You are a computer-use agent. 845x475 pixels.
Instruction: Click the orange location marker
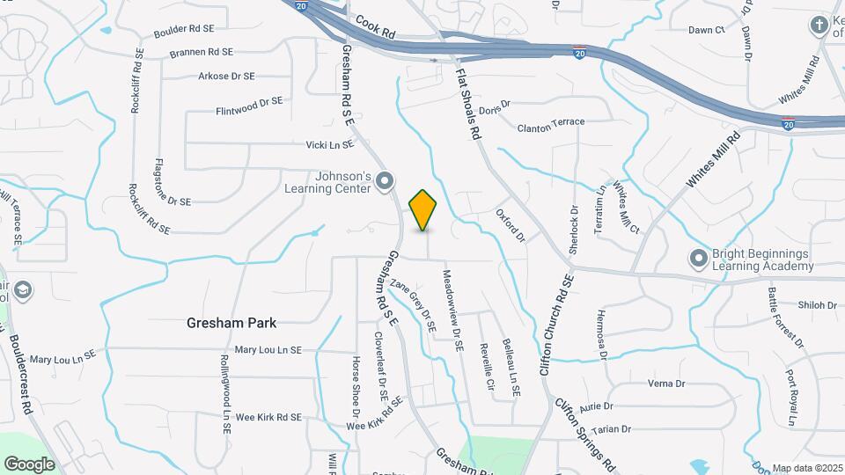422,209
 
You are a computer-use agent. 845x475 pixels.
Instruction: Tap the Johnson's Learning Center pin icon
384,182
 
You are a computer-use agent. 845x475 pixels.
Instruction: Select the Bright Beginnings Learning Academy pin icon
699,259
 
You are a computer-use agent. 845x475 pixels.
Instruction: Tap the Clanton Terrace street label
551,127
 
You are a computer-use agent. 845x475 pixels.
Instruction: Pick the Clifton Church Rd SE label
557,325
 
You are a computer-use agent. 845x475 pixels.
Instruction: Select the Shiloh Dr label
817,305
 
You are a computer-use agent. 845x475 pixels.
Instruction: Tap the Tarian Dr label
612,429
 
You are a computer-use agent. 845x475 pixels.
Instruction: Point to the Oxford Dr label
510,225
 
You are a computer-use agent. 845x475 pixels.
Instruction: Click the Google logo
29,464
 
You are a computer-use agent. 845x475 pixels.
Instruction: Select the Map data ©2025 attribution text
806,468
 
